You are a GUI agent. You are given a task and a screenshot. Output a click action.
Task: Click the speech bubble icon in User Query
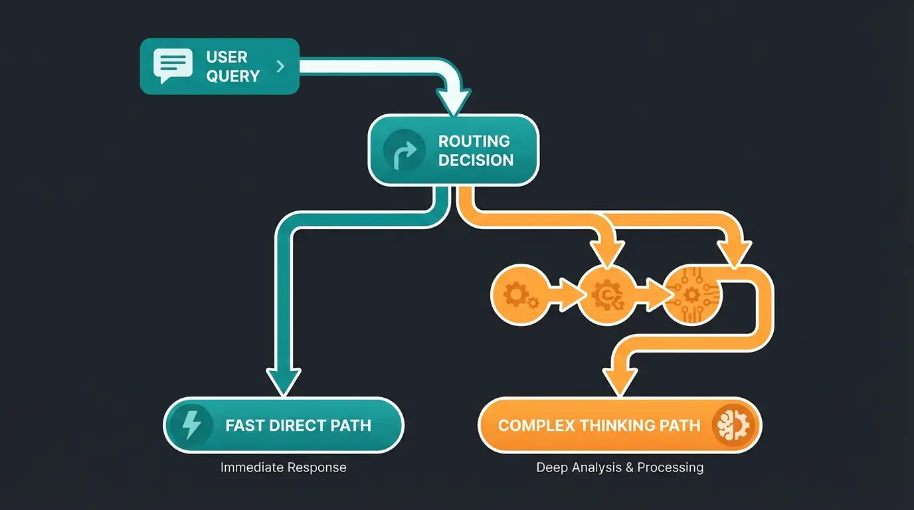pos(173,66)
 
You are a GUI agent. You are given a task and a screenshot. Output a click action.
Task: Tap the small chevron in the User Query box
pos(280,66)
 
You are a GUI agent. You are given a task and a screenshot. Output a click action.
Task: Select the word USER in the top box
pos(227,57)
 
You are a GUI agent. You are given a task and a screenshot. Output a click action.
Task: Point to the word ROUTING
pos(474,141)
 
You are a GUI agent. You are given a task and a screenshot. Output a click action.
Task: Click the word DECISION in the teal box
pos(476,160)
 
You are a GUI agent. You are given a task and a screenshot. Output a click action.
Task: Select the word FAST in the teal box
pos(246,426)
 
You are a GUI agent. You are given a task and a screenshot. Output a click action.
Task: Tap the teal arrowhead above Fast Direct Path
pos(284,382)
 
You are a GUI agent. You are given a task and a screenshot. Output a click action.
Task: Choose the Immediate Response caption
pos(283,467)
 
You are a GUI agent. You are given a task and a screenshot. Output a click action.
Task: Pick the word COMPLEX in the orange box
pos(536,426)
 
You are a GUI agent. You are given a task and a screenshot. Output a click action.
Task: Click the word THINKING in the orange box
pos(614,426)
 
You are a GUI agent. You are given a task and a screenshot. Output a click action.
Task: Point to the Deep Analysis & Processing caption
pos(619,467)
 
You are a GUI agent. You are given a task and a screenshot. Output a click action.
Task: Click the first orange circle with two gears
pos(519,294)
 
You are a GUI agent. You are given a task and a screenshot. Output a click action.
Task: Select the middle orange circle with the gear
pos(605,294)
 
